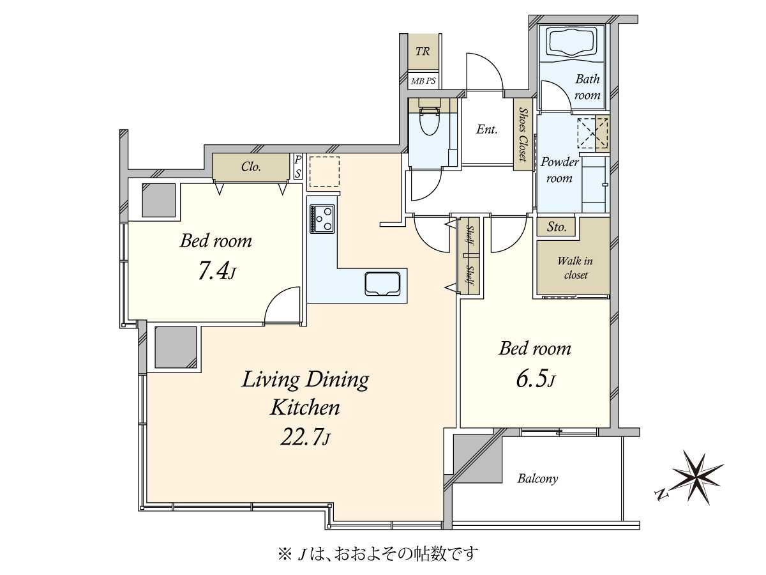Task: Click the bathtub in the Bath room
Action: (x=571, y=43)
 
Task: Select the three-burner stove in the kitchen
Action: (x=322, y=219)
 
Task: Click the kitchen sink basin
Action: (x=382, y=284)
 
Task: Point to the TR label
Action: (x=423, y=52)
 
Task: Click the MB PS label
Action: (x=423, y=81)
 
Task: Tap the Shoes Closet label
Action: (x=523, y=134)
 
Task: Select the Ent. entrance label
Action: (x=486, y=130)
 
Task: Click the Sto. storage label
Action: (x=556, y=227)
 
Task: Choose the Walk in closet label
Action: (x=574, y=268)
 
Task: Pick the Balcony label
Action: (x=537, y=479)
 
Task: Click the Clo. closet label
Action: (x=251, y=167)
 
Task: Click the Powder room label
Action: (x=559, y=170)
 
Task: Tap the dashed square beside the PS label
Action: (x=324, y=172)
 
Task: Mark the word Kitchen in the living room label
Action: (x=304, y=408)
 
